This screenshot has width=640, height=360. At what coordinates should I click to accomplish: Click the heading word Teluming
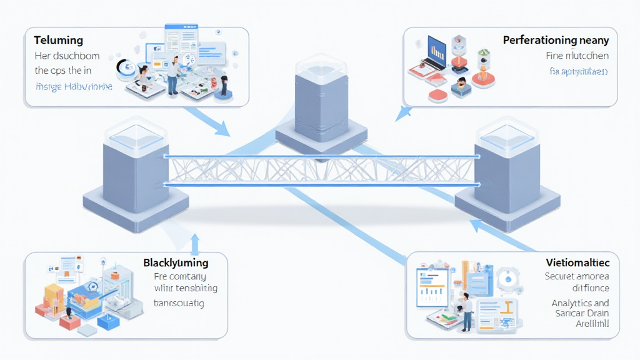(x=58, y=40)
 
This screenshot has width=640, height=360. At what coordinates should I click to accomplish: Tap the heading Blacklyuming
(x=176, y=262)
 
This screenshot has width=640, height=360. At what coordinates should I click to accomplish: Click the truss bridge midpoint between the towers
(x=320, y=170)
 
